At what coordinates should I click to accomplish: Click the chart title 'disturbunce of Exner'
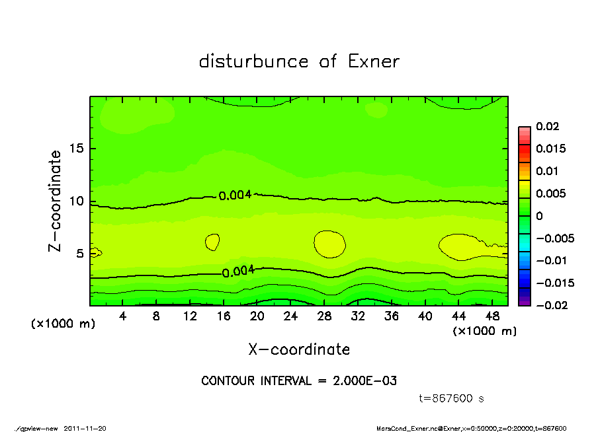coord(299,61)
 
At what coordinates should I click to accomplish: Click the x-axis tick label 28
coord(324,316)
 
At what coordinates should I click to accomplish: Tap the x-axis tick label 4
coord(123,316)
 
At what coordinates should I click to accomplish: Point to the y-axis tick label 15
coord(77,149)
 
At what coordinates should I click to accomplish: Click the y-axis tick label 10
coord(77,201)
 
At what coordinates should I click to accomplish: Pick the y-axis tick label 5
coord(80,254)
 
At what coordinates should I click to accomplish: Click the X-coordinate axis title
coord(299,349)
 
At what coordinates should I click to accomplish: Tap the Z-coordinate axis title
coord(56,201)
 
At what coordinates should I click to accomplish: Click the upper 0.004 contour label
coord(235,195)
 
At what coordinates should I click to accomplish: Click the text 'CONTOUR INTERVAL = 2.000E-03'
coord(299,380)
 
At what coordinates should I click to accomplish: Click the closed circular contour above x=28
coord(329,244)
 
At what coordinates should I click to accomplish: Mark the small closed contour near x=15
coord(212,242)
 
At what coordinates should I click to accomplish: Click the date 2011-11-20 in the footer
coord(85,428)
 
